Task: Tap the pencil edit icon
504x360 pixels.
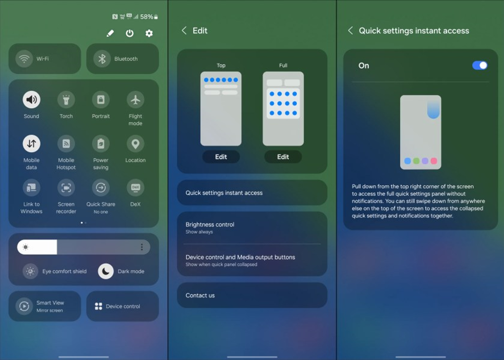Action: coord(110,33)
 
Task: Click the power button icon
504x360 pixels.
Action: coord(130,33)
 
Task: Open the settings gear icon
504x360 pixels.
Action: coord(149,33)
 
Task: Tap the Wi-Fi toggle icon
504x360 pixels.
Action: coord(24,59)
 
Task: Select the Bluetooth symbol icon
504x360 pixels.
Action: coord(102,59)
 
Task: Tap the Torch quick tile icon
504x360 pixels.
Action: coord(66,99)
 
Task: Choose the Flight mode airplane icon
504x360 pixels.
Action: coord(135,99)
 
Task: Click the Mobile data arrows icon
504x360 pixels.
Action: coord(31,144)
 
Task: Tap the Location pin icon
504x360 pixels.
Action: coord(135,144)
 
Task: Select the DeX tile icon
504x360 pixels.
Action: coord(135,188)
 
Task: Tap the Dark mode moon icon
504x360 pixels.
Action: coord(106,271)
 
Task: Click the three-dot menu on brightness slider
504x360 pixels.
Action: coord(142,247)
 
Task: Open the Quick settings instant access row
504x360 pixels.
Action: coord(252,193)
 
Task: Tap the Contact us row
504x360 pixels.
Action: coord(252,296)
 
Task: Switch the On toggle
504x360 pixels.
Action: coord(480,66)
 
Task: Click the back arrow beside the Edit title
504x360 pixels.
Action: coord(184,31)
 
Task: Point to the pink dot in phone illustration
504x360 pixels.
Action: coord(434,161)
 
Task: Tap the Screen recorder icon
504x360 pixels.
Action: coord(66,188)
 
